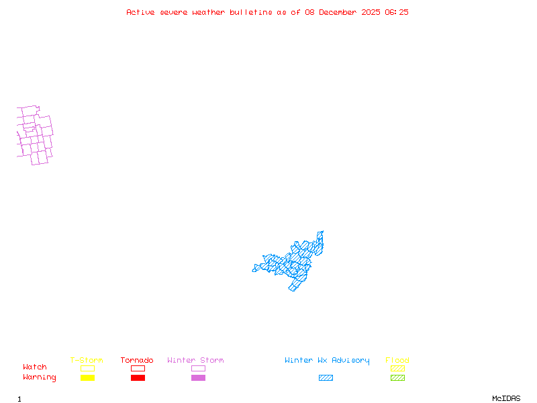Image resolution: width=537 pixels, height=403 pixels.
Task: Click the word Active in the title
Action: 140,12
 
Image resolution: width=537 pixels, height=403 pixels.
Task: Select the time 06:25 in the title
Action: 397,12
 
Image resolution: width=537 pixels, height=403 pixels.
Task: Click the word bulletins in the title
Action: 252,12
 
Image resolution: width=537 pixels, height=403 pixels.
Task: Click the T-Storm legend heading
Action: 87,361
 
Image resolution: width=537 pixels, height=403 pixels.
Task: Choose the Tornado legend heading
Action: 137,361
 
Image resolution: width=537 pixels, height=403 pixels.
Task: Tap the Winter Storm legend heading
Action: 195,361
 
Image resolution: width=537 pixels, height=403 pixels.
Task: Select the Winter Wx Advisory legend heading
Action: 327,361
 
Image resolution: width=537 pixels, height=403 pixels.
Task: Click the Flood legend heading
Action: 397,361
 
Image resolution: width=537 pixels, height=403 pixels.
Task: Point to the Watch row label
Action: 35,367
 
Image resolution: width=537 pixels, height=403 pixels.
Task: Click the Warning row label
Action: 39,377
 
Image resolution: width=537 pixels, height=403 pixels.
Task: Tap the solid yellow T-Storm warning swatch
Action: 87,378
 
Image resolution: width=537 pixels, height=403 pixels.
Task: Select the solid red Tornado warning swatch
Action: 138,378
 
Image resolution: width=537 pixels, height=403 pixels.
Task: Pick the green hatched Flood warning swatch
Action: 397,378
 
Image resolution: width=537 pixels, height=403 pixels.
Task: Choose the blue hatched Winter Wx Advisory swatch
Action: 326,378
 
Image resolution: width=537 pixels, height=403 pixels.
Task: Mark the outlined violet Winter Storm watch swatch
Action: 198,368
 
